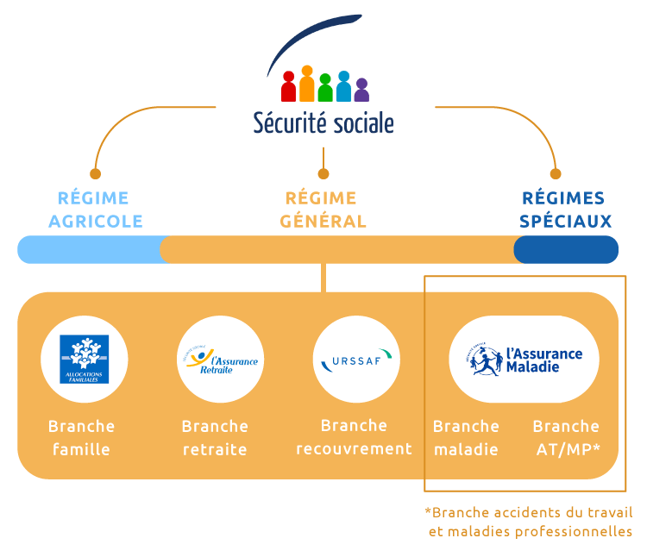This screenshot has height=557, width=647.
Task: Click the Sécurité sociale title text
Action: click(323, 122)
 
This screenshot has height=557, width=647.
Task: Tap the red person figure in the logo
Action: click(289, 86)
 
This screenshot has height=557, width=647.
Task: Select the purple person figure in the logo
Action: click(361, 91)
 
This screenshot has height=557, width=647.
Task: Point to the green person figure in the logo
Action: click(325, 87)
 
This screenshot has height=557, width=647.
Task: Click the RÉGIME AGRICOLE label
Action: click(95, 210)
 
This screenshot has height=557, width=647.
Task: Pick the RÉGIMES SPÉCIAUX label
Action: click(565, 210)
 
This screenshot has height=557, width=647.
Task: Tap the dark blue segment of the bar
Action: click(566, 249)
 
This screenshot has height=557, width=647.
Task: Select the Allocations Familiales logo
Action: click(84, 359)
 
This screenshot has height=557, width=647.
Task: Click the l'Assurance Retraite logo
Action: click(219, 359)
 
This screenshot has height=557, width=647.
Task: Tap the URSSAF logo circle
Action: click(355, 359)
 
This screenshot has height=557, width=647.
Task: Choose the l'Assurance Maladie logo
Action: click(524, 359)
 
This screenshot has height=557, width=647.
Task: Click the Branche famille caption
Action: click(82, 437)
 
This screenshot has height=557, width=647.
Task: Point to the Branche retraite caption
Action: click(215, 437)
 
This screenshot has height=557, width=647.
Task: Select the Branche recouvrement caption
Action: click(354, 436)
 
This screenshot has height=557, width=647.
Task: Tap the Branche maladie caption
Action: click(466, 437)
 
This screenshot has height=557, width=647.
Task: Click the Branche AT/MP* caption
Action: click(566, 437)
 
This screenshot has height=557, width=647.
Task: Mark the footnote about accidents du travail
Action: click(529, 521)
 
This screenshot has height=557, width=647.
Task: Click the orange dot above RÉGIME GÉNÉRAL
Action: click(324, 174)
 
